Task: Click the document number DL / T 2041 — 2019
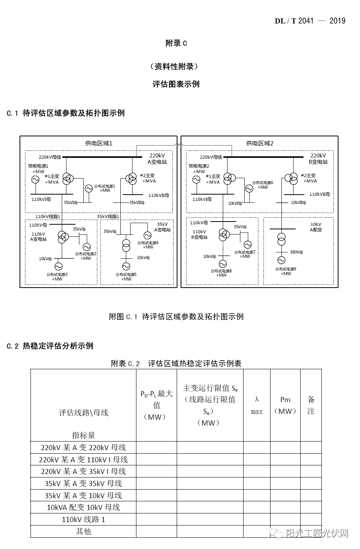point(310,21)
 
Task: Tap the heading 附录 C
point(176,43)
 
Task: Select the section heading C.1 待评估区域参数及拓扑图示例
point(66,113)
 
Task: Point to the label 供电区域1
point(99,143)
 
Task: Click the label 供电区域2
point(260,143)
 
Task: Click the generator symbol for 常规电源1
point(35,180)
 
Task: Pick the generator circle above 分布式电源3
point(58,266)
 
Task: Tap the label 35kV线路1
point(108,216)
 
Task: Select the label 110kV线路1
point(48,216)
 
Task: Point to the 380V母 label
point(296,252)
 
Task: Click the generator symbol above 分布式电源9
point(281,260)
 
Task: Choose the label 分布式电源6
point(263,182)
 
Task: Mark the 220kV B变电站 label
point(318,159)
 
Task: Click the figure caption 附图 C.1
point(176,317)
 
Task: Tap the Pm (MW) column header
point(285,405)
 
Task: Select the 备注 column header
point(311,405)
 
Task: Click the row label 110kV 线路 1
point(83,519)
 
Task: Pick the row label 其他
point(83,531)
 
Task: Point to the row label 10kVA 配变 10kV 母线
point(83,507)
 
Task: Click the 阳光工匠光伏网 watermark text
point(317,533)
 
